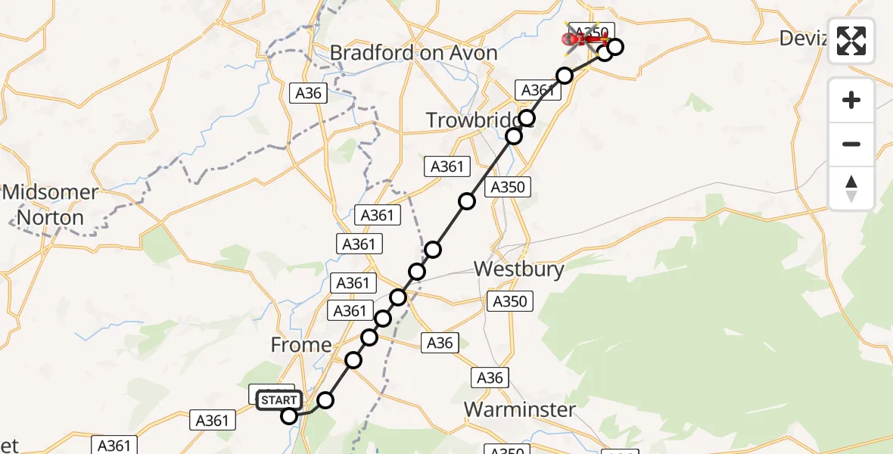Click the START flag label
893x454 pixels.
click(x=280, y=400)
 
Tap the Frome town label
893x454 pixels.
click(x=301, y=345)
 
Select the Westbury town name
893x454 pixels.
click(x=518, y=269)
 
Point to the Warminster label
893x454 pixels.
click(x=519, y=410)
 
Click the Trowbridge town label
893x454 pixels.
click(x=477, y=120)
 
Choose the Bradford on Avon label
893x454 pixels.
click(x=414, y=53)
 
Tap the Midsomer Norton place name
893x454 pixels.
click(x=50, y=205)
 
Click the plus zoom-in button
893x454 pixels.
click(x=851, y=100)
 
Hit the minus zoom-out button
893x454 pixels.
click(x=851, y=144)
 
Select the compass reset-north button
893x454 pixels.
click(x=851, y=188)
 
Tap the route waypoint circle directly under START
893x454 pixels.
click(x=289, y=415)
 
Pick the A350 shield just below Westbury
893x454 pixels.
click(x=509, y=301)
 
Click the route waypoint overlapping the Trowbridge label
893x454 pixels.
click(x=527, y=118)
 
